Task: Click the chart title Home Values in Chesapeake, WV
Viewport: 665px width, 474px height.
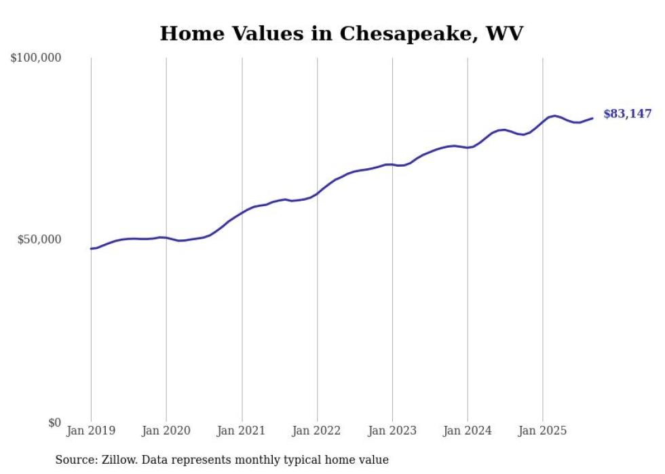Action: [x=341, y=33]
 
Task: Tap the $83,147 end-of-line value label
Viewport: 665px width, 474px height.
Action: [x=627, y=114]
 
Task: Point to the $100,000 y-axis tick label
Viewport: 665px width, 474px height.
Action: [x=36, y=58]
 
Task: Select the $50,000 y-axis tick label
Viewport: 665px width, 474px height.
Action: [x=39, y=240]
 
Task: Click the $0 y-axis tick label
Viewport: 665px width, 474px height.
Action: [x=54, y=422]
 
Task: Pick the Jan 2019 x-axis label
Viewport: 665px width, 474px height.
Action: [x=91, y=431]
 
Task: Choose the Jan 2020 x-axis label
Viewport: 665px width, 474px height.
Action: [x=166, y=431]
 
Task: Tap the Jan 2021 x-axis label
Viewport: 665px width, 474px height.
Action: [x=242, y=431]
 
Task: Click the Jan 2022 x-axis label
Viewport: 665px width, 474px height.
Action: [x=317, y=431]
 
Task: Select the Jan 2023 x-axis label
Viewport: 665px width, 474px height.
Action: [x=392, y=431]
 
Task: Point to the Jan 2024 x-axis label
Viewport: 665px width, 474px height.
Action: [x=468, y=431]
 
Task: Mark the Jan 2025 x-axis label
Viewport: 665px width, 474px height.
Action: [x=543, y=431]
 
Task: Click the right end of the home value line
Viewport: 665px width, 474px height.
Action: [x=592, y=118]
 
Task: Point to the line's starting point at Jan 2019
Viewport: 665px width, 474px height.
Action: [x=91, y=249]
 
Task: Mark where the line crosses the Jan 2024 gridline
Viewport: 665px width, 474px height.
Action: [x=468, y=147]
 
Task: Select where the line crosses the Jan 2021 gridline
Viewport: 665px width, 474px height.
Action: [x=242, y=213]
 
